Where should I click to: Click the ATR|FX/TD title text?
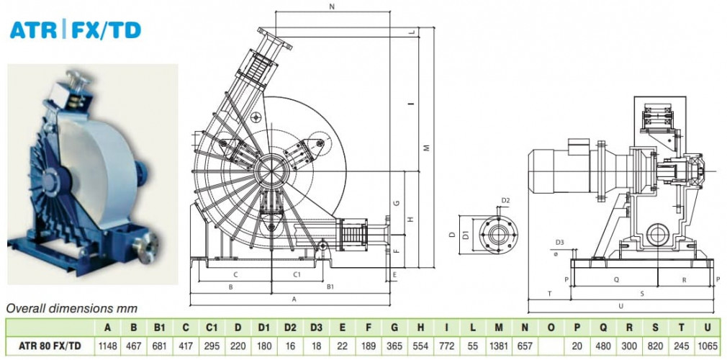pyautogui.click(x=75, y=30)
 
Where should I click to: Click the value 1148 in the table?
pyautogui.click(x=107, y=346)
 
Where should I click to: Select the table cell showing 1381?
pyautogui.click(x=498, y=346)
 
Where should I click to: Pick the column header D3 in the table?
pyautogui.click(x=316, y=328)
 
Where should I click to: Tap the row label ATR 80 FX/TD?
pyautogui.click(x=50, y=346)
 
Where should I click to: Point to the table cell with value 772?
pyautogui.click(x=447, y=346)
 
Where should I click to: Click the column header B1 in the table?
pyautogui.click(x=160, y=328)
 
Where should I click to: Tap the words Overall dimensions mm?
pyautogui.click(x=72, y=308)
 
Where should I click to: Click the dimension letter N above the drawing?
pyautogui.click(x=332, y=7)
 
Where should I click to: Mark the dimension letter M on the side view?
pyautogui.click(x=426, y=148)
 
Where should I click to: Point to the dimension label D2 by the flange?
pyautogui.click(x=505, y=200)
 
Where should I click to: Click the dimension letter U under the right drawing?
pyautogui.click(x=620, y=306)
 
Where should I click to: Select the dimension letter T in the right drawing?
pyautogui.click(x=549, y=294)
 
